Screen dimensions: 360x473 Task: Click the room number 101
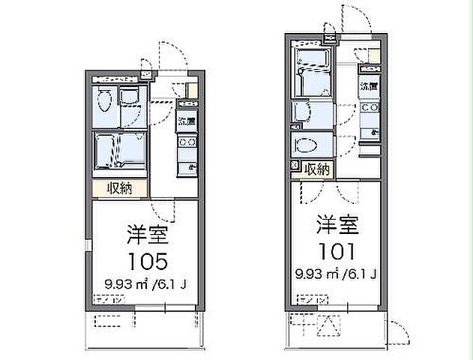click(337, 250)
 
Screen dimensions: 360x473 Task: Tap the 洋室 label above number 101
click(337, 224)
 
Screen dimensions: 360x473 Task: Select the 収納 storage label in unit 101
click(318, 169)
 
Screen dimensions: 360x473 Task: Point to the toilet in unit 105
click(105, 101)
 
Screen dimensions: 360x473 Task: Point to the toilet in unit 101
click(307, 145)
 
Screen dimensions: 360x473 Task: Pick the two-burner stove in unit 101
click(370, 108)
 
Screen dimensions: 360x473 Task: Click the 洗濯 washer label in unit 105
click(187, 120)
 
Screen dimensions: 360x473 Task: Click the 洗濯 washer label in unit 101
click(370, 85)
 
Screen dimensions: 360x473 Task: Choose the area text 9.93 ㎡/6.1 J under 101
click(337, 272)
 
